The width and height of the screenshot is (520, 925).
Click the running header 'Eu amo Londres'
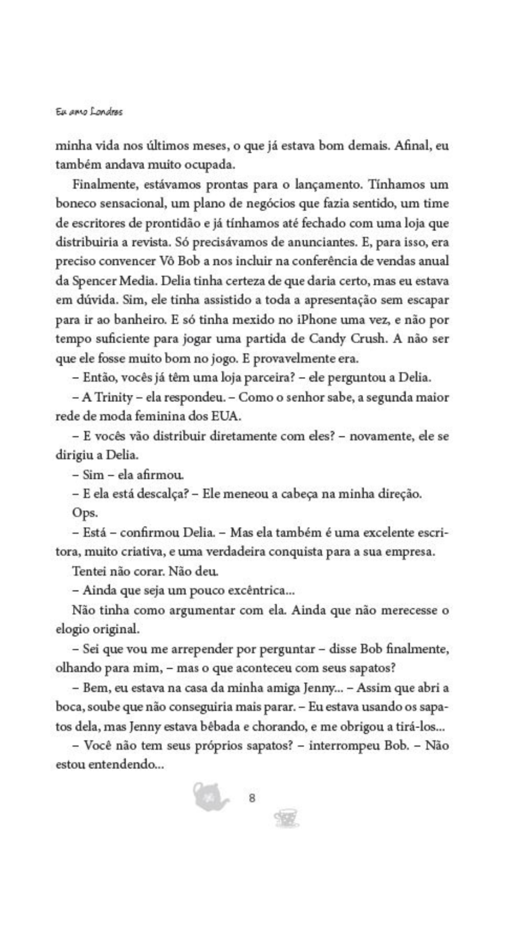89,112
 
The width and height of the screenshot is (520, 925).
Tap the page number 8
252,798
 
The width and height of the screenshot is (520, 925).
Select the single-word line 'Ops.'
84,513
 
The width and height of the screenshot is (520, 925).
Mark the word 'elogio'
72,629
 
